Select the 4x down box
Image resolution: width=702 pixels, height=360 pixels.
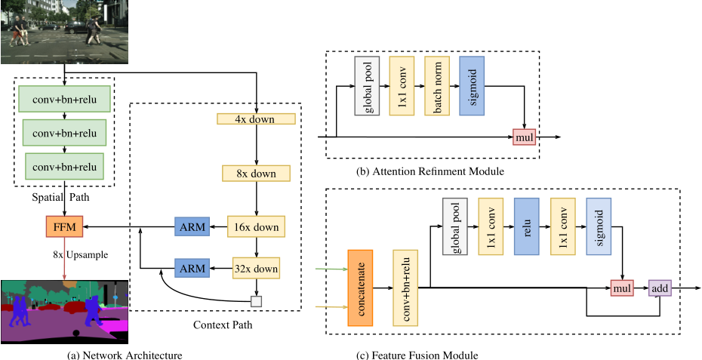257,118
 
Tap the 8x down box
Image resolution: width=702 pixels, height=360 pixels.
257,173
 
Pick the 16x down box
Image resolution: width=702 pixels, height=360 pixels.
257,226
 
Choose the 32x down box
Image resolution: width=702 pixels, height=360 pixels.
257,267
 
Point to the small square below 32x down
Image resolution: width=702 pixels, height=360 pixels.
257,301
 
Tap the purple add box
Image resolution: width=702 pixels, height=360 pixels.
660,288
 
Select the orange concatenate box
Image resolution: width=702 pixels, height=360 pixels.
360,288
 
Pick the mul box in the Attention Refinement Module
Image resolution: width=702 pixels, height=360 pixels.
525,137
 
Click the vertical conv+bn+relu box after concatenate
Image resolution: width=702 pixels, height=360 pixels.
405,288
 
